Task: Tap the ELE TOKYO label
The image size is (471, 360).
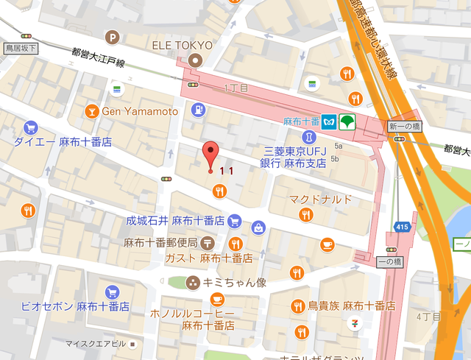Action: coord(183,45)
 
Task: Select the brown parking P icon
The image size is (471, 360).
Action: coord(113,38)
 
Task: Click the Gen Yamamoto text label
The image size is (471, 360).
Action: coord(140,111)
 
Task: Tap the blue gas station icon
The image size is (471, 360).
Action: coord(197,110)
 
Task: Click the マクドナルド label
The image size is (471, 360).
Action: coord(320,200)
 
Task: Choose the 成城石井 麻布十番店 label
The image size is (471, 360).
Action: coord(174,221)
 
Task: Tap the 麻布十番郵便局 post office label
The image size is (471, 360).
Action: coord(160,243)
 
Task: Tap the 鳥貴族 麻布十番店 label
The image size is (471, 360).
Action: coord(352,306)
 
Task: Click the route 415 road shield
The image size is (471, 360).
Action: coord(401,227)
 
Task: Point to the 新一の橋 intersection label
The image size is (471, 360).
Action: coord(403,127)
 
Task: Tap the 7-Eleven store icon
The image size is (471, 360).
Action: coord(355,325)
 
